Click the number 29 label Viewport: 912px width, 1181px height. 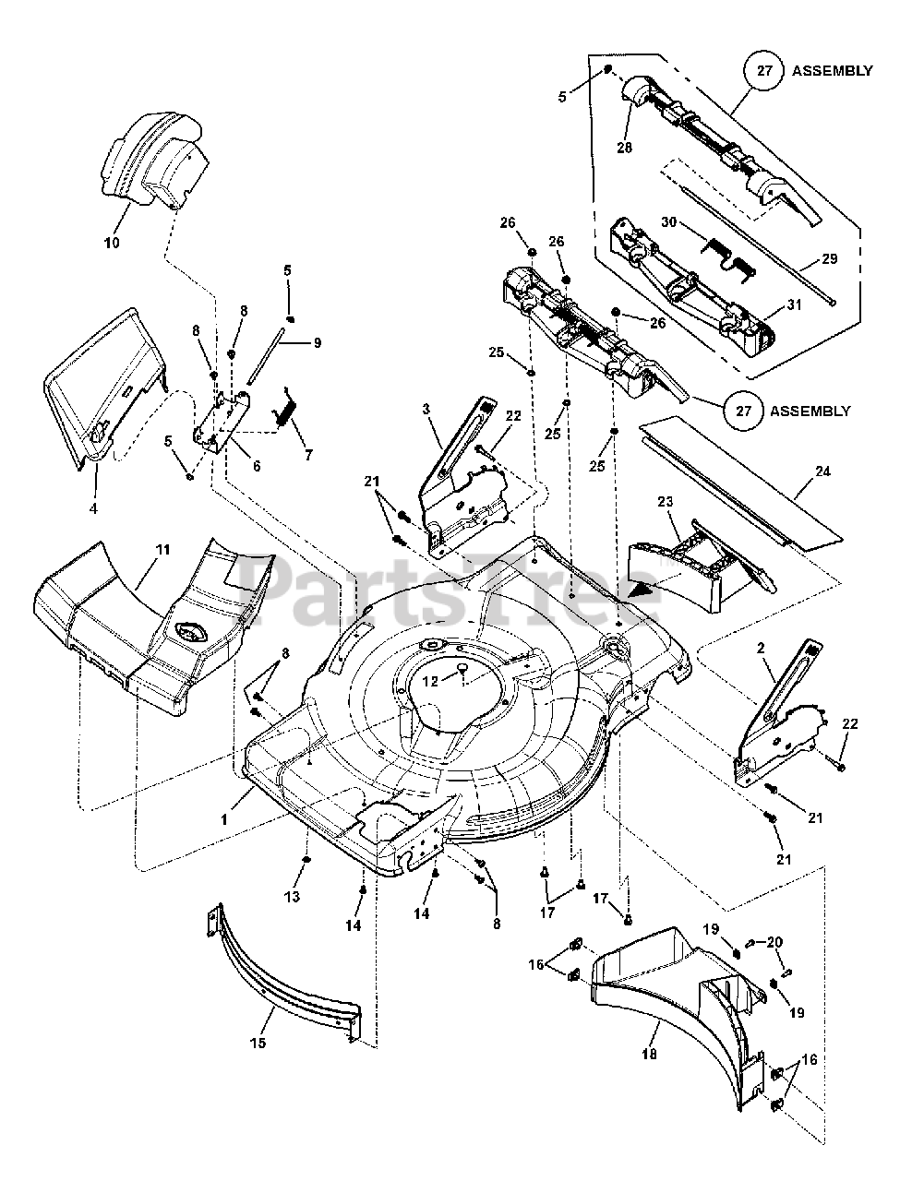click(x=829, y=259)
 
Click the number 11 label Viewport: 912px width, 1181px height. click(x=162, y=550)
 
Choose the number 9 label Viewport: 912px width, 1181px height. click(x=317, y=342)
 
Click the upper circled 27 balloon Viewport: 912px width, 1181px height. click(x=762, y=70)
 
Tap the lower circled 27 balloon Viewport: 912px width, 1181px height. click(x=742, y=411)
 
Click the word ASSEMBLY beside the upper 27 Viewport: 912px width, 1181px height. click(x=832, y=70)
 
